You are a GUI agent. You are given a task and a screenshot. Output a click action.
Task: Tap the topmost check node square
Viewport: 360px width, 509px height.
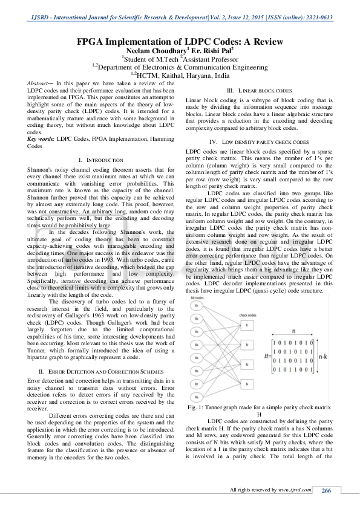tap(247, 325)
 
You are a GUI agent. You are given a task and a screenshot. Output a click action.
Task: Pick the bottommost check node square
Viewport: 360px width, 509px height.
tap(247, 383)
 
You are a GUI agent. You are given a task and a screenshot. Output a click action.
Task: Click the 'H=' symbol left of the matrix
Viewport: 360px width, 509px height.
tap(266, 358)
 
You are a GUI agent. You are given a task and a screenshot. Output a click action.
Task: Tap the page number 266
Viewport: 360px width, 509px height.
tap(326, 490)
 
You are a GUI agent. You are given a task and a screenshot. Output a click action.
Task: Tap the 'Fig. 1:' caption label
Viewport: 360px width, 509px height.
tap(196, 408)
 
